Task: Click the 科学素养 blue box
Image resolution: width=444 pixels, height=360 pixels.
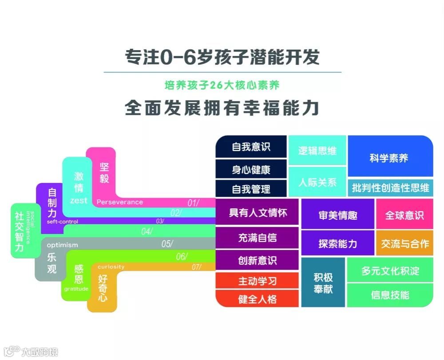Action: click(x=390, y=157)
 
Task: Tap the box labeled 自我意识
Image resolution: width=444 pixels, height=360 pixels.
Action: click(x=251, y=146)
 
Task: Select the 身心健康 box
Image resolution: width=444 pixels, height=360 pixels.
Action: click(x=251, y=169)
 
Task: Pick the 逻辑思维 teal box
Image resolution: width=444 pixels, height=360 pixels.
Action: click(x=317, y=150)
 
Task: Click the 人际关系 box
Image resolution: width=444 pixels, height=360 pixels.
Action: click(x=317, y=182)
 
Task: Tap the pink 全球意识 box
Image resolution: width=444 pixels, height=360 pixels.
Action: click(x=404, y=215)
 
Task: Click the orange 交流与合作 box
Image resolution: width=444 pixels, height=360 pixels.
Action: click(x=404, y=243)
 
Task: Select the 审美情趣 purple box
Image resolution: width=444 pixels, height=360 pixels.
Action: click(x=337, y=215)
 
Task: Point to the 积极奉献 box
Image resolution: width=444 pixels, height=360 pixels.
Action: click(x=323, y=283)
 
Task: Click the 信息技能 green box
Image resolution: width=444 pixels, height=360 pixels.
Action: click(x=390, y=295)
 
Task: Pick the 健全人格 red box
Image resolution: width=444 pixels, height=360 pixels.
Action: click(x=257, y=299)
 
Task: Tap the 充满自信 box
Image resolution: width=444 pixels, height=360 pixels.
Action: click(x=257, y=237)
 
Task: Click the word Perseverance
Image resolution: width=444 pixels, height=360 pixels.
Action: click(x=120, y=202)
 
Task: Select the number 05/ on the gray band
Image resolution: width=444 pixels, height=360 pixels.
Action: click(x=167, y=243)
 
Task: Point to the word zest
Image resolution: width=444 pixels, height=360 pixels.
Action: click(x=79, y=201)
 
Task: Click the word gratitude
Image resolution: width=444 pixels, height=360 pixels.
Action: click(x=76, y=289)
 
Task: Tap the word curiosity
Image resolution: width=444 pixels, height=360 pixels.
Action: click(x=111, y=267)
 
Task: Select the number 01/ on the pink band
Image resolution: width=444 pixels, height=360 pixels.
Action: click(x=193, y=203)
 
